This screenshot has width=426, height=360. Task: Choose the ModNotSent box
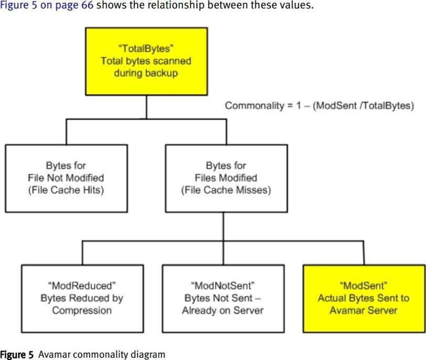pyautogui.click(x=222, y=298)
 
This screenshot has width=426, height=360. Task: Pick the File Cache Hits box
pyautogui.click(x=66, y=178)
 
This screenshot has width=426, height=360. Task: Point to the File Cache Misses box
pyautogui.click(x=226, y=178)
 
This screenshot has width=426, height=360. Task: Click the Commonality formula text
pyautogui.click(x=319, y=106)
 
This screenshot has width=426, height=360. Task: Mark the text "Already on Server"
pyautogui.click(x=222, y=310)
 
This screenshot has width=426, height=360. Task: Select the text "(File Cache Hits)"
pyautogui.click(x=66, y=190)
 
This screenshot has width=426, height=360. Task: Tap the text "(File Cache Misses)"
pyautogui.click(x=226, y=190)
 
